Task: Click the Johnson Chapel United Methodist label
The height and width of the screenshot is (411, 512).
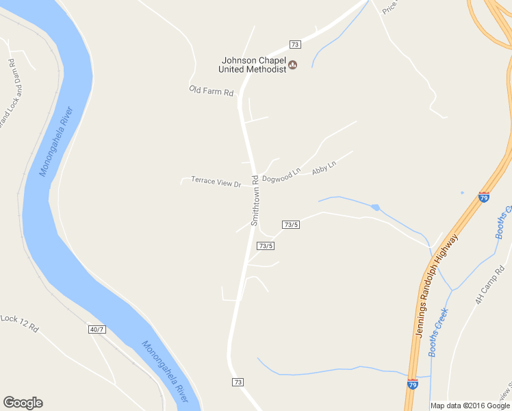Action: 252,64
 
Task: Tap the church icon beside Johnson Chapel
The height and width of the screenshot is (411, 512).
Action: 293,65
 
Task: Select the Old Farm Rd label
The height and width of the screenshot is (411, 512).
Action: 212,91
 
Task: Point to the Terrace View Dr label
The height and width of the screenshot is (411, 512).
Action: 216,182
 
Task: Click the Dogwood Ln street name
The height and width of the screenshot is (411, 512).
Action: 281,175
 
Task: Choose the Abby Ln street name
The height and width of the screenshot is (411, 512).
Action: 324,167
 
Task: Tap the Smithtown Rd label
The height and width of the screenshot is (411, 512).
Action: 255,201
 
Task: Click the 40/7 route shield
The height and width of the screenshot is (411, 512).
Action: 97,329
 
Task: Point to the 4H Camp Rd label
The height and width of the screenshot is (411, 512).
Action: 488,290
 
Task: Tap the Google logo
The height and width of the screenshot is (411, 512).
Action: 23,403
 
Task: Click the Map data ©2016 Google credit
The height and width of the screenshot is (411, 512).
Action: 470,406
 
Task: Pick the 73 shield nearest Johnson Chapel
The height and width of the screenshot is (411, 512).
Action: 295,45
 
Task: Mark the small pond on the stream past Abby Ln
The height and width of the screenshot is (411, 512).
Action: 375,207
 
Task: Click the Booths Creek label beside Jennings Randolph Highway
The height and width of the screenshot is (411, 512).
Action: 438,333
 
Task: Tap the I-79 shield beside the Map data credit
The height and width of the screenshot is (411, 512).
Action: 413,384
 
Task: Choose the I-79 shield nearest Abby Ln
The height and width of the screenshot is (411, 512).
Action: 484,197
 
